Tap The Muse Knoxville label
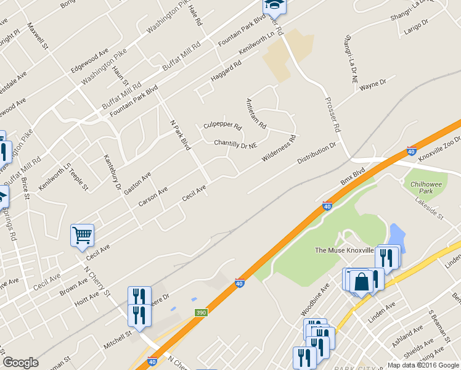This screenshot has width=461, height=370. (x=345, y=250)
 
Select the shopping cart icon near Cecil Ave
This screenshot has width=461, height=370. (x=82, y=235)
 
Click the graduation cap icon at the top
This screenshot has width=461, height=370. (x=273, y=6)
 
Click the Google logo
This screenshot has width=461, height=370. (x=20, y=363)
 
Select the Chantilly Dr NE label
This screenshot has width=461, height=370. (x=235, y=144)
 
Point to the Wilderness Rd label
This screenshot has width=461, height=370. (x=279, y=149)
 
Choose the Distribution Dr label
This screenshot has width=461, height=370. (x=317, y=154)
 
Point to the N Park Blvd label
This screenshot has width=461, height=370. (x=181, y=134)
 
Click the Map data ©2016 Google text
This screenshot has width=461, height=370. (x=423, y=364)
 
